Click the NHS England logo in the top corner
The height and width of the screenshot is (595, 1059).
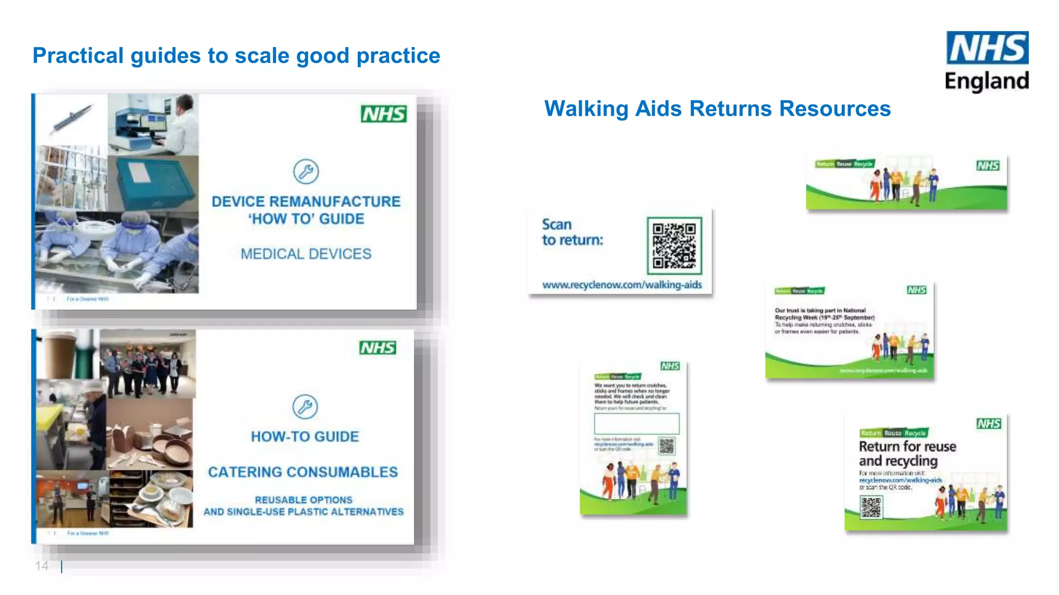[x=987, y=61]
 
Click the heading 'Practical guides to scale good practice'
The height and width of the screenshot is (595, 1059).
[x=236, y=56]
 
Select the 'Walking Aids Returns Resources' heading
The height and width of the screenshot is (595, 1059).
[x=717, y=109]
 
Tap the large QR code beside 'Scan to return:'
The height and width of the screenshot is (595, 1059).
[x=674, y=246]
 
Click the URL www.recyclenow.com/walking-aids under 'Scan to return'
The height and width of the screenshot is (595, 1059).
[x=622, y=285]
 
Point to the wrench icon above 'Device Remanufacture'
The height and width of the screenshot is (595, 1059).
[x=306, y=172]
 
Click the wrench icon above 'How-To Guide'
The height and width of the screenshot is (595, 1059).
[x=305, y=407]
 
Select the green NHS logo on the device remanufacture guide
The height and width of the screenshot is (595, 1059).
[x=384, y=114]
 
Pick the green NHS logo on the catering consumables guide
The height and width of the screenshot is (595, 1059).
[x=378, y=348]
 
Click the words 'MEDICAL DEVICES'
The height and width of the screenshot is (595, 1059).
[x=306, y=254]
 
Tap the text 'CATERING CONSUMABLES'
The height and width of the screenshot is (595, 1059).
[x=303, y=472]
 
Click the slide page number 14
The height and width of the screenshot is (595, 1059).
[x=42, y=566]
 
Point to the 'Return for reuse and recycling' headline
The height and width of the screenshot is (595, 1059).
[x=907, y=453]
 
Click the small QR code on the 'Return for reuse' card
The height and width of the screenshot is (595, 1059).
[x=871, y=507]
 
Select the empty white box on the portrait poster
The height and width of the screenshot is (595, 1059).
[x=637, y=424]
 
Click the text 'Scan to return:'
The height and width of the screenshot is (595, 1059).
[x=572, y=232]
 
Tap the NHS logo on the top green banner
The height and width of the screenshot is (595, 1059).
[x=988, y=165]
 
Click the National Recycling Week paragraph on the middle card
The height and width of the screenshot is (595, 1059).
[x=824, y=321]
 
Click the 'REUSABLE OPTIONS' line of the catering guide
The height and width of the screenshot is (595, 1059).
[x=304, y=500]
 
